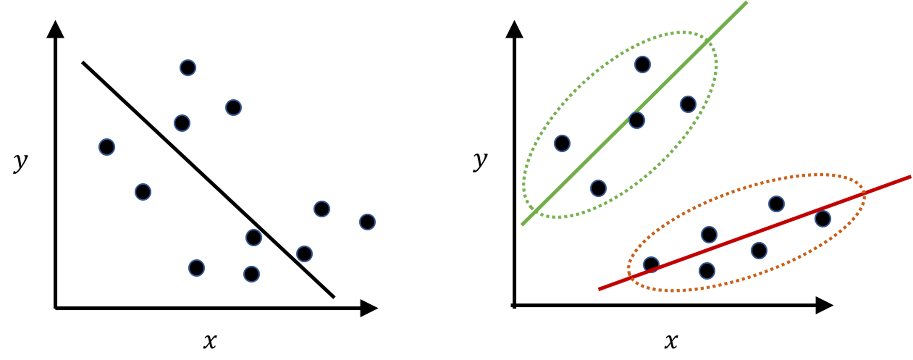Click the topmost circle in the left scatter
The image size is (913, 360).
(x=188, y=68)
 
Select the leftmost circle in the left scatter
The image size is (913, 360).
(x=107, y=147)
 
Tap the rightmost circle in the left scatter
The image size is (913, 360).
(x=367, y=222)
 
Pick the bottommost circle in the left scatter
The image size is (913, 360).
(x=252, y=274)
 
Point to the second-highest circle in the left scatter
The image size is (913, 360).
(x=233, y=108)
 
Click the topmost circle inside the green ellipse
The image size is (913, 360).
(x=643, y=65)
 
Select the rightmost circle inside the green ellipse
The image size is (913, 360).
(x=688, y=105)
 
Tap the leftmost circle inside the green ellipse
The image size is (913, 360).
(x=562, y=144)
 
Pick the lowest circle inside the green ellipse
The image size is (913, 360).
(x=598, y=189)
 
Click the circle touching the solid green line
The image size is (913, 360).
(x=637, y=121)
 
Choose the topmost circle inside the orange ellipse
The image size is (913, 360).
(x=777, y=204)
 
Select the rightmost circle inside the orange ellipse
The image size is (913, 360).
(x=823, y=219)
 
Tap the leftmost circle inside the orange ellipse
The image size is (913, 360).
(x=651, y=265)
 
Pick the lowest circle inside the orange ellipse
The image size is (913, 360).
(x=707, y=271)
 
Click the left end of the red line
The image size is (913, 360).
(x=599, y=289)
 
